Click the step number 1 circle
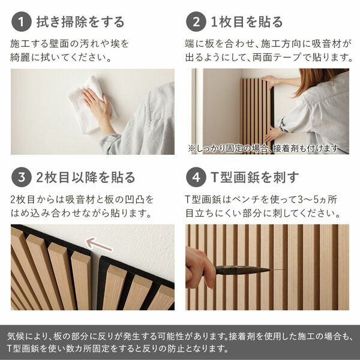(x=21, y=22)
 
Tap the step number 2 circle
(x=196, y=22)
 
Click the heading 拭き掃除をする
(x=80, y=22)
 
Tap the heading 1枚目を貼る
(x=246, y=22)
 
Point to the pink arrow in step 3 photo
(x=99, y=244)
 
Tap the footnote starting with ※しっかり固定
(x=263, y=148)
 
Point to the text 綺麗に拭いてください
(x=61, y=58)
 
